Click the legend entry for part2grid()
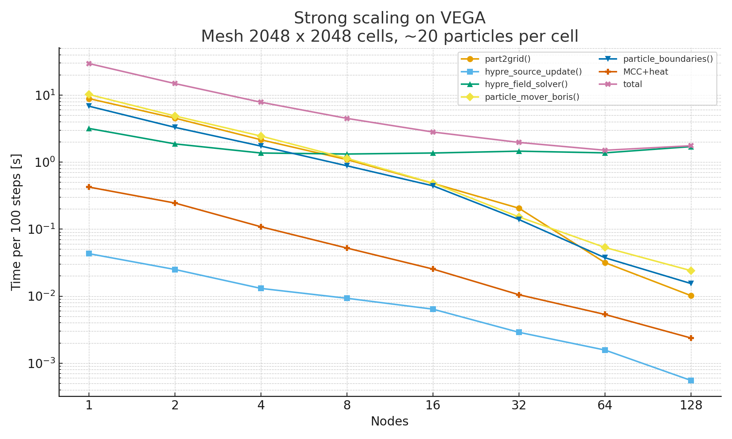507,59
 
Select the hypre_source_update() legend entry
533,71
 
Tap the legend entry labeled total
632,84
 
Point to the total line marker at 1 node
89,64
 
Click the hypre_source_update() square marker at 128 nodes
691,381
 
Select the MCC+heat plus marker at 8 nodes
347,248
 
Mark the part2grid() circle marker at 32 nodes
519,209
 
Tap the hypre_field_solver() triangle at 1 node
89,128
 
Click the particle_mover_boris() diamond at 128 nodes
691,271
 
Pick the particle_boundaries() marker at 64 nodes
605,258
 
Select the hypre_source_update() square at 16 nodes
433,309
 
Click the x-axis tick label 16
433,406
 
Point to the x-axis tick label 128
691,406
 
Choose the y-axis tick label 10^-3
40,363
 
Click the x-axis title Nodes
389,421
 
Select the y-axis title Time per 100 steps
16,222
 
